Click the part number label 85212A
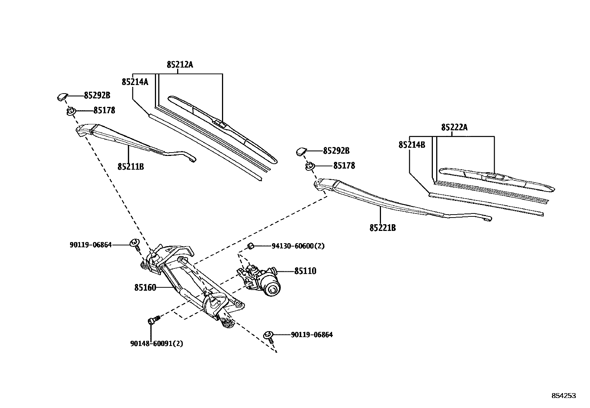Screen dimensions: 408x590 click(180, 65)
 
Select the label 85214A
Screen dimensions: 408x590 click(135, 82)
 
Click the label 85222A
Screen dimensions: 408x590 click(454, 128)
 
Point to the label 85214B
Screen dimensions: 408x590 click(412, 145)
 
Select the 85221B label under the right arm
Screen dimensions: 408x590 click(382, 228)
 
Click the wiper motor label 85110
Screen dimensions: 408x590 click(305, 271)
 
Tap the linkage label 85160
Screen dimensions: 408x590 click(145, 288)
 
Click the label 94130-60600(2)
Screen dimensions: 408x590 click(298, 246)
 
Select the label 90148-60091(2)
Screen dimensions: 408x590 click(156, 344)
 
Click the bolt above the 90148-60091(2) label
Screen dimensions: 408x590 click(153, 320)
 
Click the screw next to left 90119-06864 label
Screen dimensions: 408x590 click(135, 244)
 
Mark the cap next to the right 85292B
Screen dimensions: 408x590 click(301, 151)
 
